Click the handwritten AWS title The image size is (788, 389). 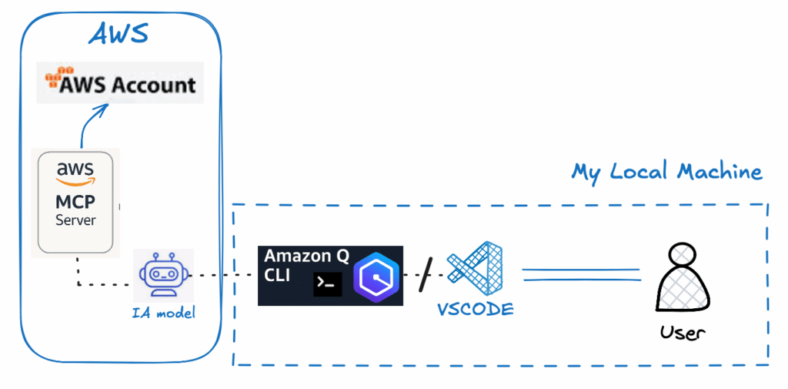coord(119,34)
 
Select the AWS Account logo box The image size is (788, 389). coord(120,82)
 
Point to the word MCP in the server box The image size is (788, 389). coord(75,203)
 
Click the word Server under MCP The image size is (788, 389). coord(75,220)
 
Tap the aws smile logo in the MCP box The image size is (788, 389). coord(75,173)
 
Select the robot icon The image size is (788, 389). coord(163,275)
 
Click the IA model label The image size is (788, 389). coord(163,314)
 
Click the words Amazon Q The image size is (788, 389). coord(306,257)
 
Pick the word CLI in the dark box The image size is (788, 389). coord(277,275)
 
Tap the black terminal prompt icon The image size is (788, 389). coord(328,284)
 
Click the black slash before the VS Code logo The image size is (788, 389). coord(426,274)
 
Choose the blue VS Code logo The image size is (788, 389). coord(475,268)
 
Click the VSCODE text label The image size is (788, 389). coord(476,309)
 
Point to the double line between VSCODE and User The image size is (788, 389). coord(582,275)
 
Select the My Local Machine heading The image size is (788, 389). coord(666,172)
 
